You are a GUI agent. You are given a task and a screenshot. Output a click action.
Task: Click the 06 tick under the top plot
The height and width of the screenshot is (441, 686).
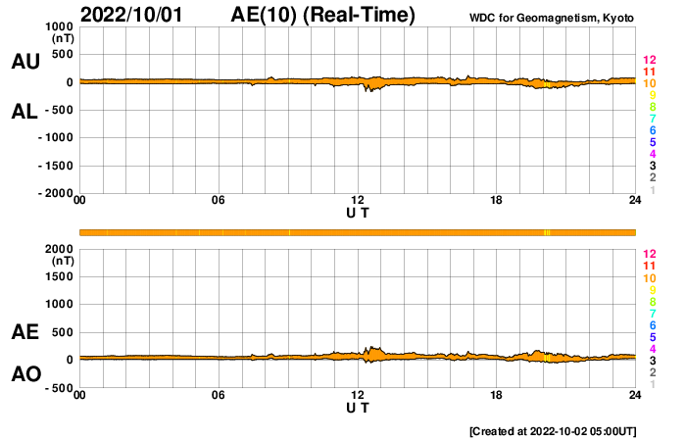219,201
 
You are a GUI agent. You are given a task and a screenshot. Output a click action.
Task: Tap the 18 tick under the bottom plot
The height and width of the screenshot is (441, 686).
497,395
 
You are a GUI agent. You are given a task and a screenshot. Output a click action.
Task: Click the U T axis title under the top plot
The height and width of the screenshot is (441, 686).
358,213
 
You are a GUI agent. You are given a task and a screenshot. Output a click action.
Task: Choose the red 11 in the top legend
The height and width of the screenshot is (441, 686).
649,72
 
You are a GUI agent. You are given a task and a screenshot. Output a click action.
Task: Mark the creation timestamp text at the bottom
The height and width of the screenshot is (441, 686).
553,430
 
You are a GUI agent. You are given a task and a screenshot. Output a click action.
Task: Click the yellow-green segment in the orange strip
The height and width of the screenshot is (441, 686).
547,232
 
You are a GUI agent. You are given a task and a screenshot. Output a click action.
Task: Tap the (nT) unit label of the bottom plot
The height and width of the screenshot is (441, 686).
63,263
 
